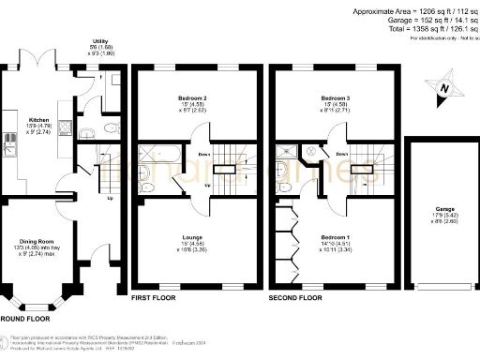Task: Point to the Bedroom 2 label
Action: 196,97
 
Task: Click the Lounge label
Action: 195,238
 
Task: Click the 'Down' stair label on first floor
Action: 204,155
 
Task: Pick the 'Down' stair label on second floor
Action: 342,155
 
